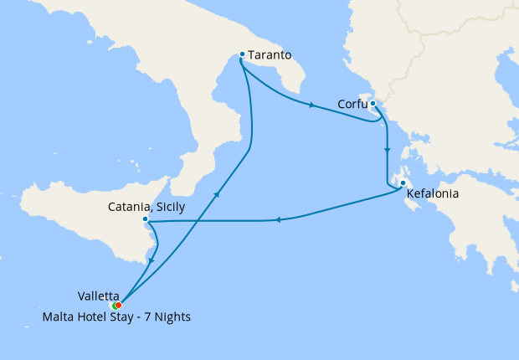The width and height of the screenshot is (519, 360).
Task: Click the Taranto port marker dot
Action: coord(242,54)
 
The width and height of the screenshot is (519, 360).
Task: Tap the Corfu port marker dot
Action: coord(373,105)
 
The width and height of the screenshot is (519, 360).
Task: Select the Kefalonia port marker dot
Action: coord(403,183)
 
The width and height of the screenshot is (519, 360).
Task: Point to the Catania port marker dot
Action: coord(146,219)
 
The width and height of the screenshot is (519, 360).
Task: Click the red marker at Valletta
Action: coord(118,305)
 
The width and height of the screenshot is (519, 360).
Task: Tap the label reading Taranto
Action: coord(270,55)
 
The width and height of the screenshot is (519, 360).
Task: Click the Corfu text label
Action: coord(351,105)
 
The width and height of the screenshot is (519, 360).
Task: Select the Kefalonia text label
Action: coord(434,198)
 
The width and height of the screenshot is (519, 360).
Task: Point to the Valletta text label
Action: coord(97,296)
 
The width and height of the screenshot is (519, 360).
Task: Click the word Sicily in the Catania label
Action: coord(170,206)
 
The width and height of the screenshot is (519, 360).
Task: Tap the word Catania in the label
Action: coord(129,206)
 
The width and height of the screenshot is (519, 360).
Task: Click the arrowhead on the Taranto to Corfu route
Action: coord(312,105)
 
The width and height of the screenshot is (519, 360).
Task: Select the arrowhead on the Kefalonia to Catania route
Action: coord(277,220)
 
